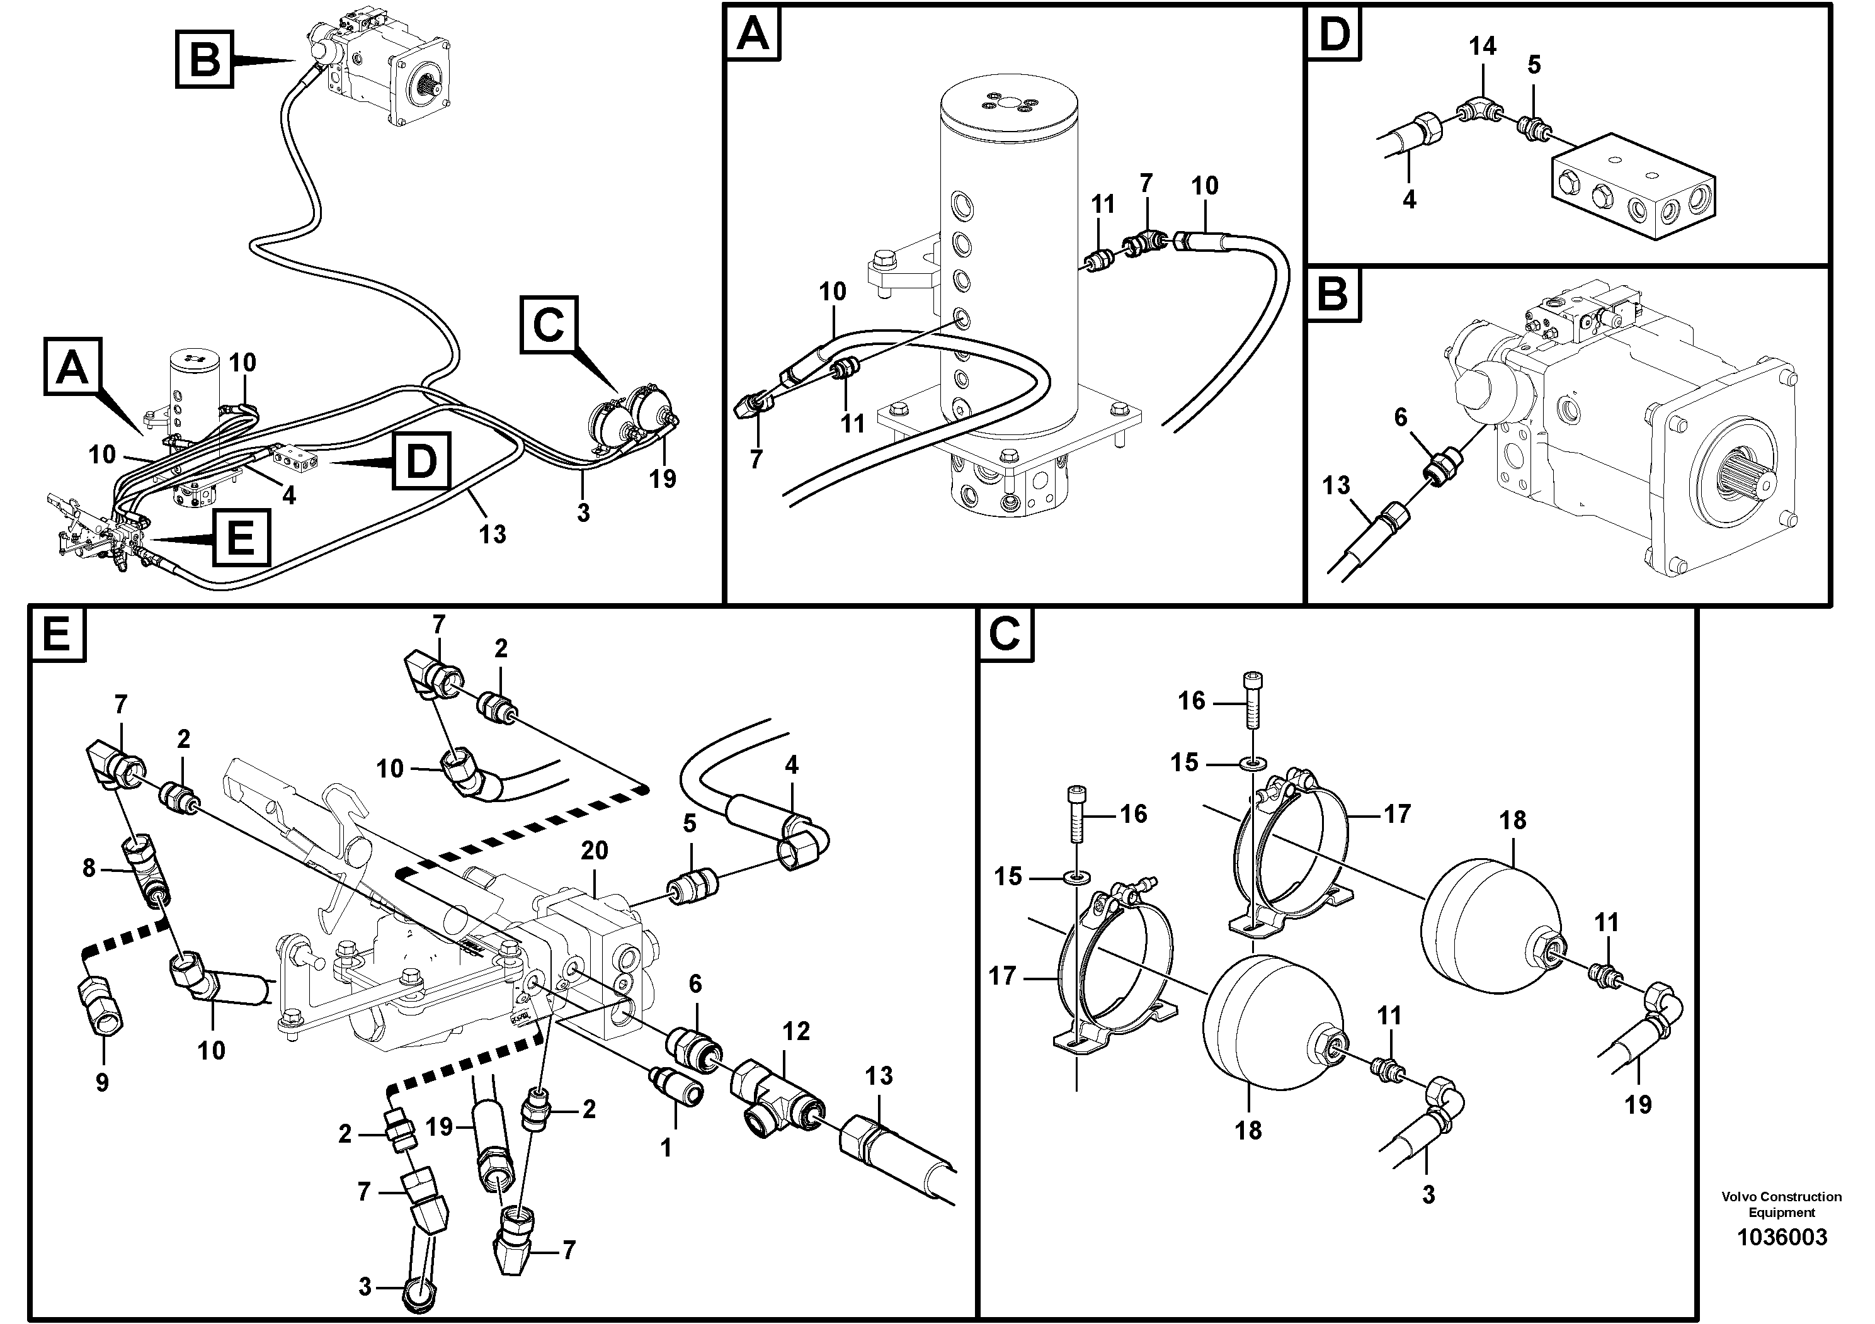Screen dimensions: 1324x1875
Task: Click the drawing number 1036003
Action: click(1781, 1236)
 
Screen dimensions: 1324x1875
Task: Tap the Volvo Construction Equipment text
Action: click(1781, 1204)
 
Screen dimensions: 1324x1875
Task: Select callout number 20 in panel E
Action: click(594, 851)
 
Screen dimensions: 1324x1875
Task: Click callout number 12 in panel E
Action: click(796, 1031)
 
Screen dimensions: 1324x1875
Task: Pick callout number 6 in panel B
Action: click(1401, 417)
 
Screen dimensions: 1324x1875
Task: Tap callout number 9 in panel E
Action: click(102, 1082)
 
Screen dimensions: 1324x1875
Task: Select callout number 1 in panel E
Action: click(666, 1148)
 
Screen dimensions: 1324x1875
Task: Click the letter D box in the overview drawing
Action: click(421, 462)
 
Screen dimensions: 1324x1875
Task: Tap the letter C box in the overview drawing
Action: click(549, 325)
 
